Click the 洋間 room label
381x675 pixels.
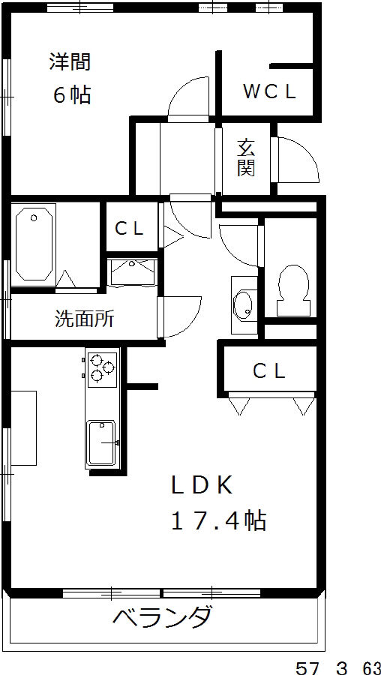click(x=70, y=62)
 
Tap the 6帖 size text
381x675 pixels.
click(x=72, y=94)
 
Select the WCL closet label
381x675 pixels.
click(x=270, y=91)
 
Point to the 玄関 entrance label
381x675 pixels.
click(x=246, y=158)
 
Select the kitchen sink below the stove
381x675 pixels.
click(x=101, y=443)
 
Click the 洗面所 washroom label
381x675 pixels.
click(x=85, y=319)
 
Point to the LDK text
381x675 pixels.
click(x=202, y=485)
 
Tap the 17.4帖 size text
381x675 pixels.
click(x=219, y=520)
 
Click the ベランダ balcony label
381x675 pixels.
click(x=162, y=617)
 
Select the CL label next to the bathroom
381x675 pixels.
click(x=129, y=229)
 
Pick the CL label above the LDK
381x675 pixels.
click(x=269, y=370)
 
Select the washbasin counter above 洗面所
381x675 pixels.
click(x=132, y=273)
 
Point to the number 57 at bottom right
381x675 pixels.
click(x=307, y=668)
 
